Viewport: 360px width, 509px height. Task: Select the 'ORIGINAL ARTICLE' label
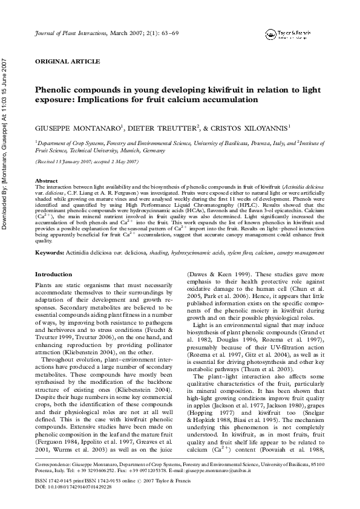62,62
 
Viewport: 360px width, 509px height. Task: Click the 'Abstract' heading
47,181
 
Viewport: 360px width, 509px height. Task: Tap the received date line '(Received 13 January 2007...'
87,163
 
